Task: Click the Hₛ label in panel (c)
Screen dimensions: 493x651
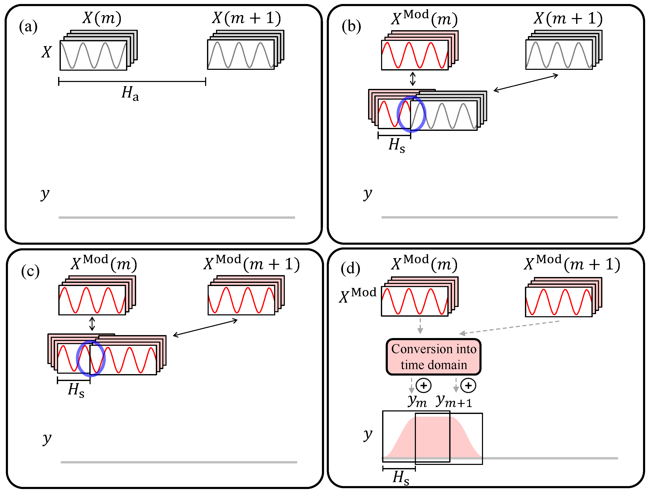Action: click(x=76, y=390)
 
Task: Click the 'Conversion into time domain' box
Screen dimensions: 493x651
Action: click(x=434, y=357)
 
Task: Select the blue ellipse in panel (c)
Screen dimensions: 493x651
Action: click(x=91, y=359)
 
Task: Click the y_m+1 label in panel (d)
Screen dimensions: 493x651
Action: click(x=454, y=401)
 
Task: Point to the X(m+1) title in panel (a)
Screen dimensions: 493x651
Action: click(x=246, y=18)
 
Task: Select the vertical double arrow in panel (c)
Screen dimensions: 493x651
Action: click(x=92, y=324)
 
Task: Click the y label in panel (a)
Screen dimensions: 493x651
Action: click(x=45, y=194)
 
